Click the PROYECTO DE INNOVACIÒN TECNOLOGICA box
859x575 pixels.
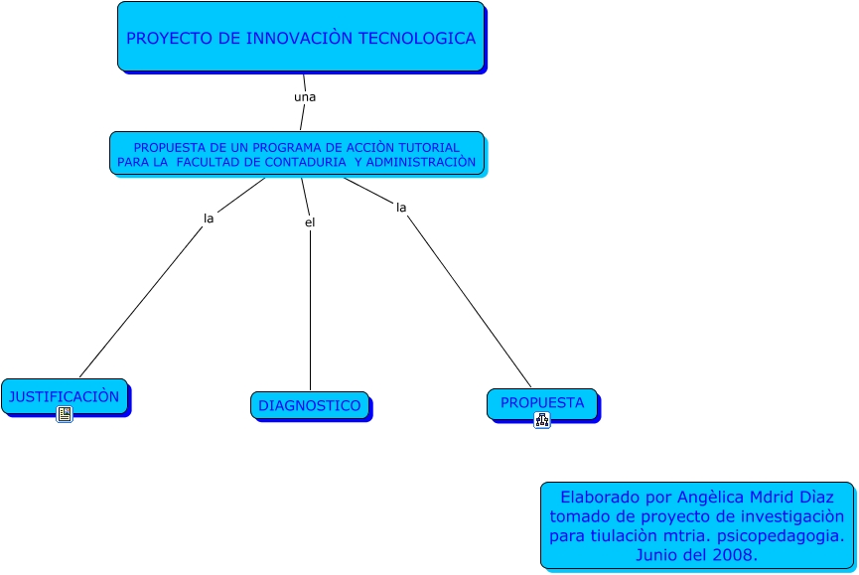tap(300, 37)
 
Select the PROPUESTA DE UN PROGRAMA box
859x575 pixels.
tap(296, 153)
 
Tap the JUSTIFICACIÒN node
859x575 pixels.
tap(64, 396)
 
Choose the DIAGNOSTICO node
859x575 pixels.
tap(309, 405)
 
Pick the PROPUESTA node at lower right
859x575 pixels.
tap(541, 402)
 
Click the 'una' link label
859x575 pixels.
tap(305, 97)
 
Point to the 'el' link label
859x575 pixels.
tap(310, 222)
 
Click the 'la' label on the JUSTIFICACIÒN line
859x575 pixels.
tap(209, 217)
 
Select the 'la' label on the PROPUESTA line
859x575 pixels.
tap(401, 208)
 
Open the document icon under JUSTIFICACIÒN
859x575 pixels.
tap(65, 414)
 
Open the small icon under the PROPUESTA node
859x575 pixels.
tap(541, 420)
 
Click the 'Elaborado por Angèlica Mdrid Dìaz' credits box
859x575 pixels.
tap(697, 524)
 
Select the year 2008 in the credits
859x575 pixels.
tap(731, 555)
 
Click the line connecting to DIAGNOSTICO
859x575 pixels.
tap(310, 308)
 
